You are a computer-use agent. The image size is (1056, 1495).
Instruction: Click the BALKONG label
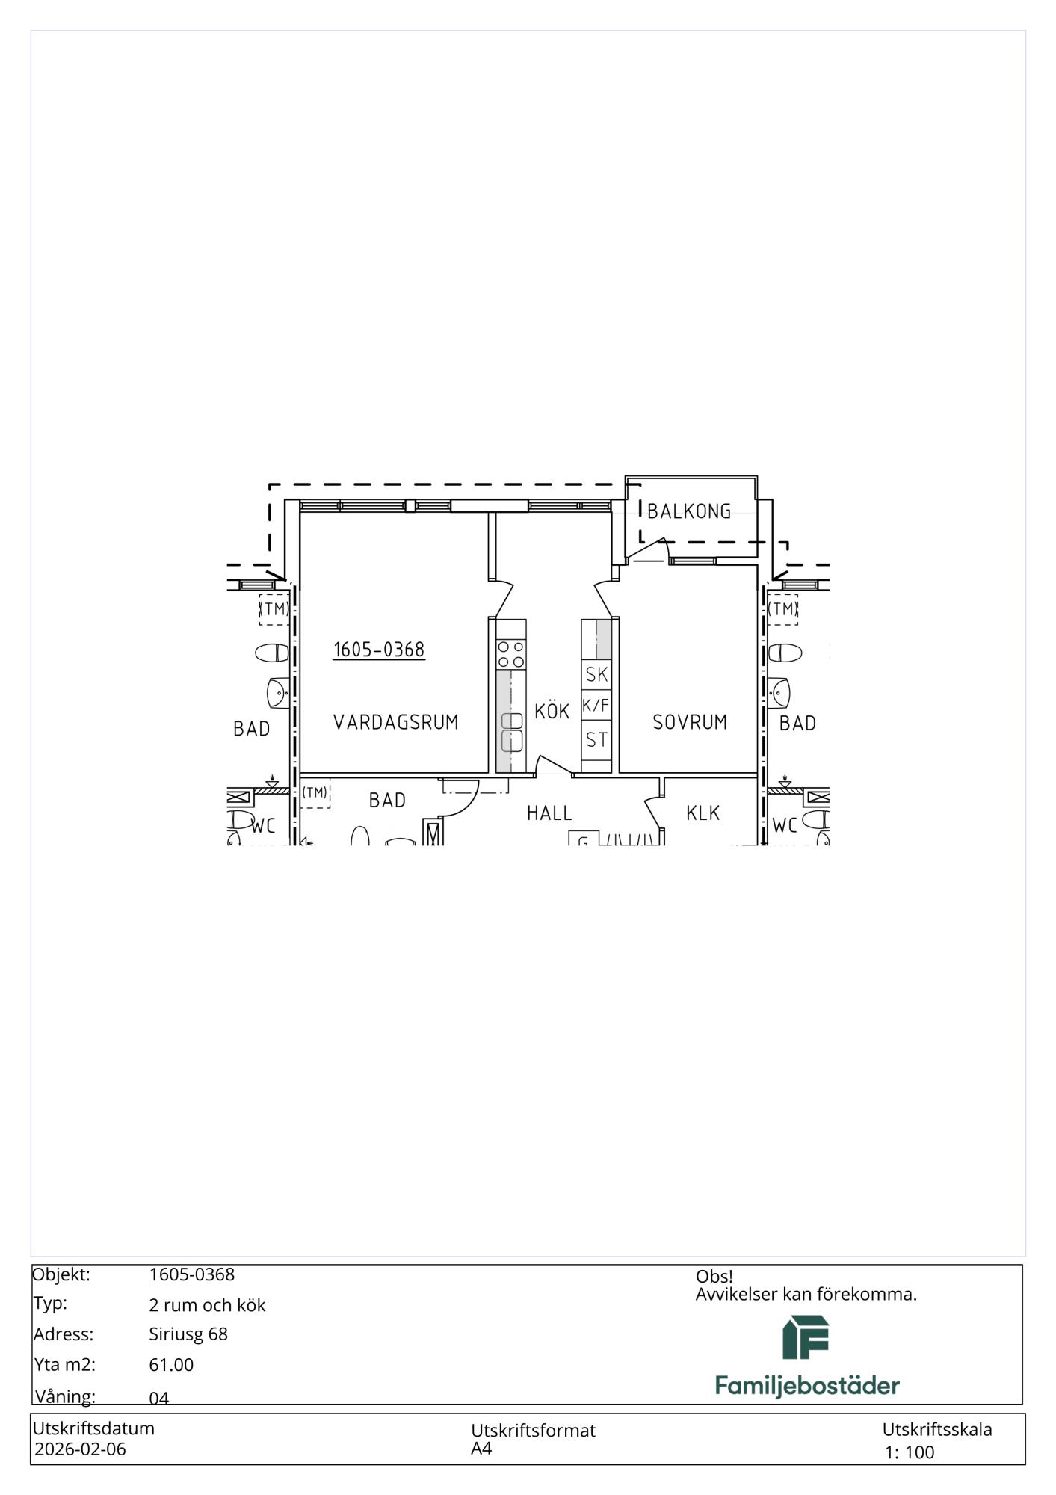pos(689,511)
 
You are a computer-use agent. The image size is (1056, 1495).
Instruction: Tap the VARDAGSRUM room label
pos(395,722)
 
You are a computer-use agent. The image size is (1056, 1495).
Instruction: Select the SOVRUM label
pos(690,722)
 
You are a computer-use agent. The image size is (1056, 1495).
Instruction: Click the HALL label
pos(549,813)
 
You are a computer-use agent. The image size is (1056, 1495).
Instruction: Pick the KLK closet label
pos(703,813)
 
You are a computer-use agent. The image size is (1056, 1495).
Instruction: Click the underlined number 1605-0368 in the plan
pos(379,650)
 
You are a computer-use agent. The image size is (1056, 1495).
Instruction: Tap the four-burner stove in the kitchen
pos(511,654)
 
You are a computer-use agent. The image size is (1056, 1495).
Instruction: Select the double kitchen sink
pos(512,732)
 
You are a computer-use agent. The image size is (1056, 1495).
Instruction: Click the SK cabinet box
pos(596,674)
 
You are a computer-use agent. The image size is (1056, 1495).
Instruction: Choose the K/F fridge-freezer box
pos(596,705)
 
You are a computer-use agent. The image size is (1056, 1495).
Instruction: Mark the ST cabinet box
pos(596,740)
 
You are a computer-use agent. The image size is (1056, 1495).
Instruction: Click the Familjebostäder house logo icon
pos(806,1337)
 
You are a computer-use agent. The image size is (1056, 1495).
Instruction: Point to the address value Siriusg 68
pos(188,1334)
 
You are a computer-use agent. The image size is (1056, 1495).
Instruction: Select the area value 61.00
pos(171,1365)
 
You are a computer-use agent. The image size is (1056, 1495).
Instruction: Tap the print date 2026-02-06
pos(81,1449)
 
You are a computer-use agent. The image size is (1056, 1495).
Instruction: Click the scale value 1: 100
pos(910,1452)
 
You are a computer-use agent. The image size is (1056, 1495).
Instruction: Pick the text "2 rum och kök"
pos(207,1305)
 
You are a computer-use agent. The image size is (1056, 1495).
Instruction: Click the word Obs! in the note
pos(714,1277)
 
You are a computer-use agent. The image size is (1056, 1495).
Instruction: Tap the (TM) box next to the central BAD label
pos(315,792)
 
